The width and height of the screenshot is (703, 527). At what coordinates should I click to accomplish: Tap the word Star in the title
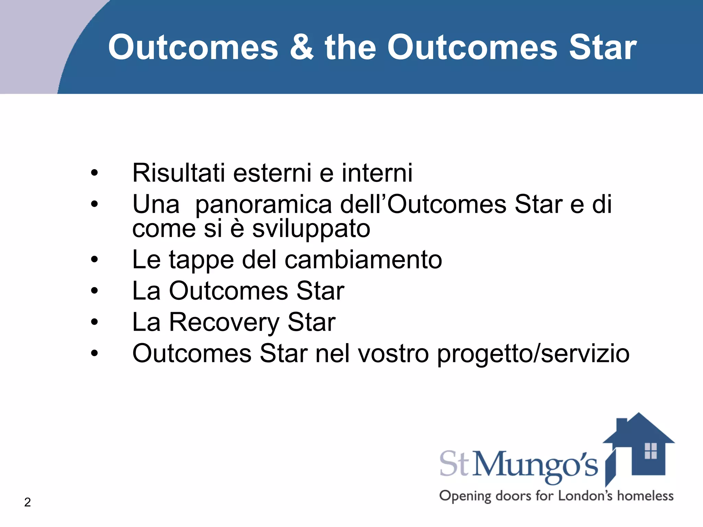[602, 47]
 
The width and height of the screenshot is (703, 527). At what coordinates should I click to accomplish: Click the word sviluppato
[311, 229]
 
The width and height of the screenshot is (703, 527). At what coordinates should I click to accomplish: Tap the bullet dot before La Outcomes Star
[94, 291]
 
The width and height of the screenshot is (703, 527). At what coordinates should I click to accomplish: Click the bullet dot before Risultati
[94, 173]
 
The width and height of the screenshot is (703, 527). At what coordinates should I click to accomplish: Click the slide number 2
[27, 502]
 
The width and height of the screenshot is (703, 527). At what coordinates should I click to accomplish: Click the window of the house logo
[650, 451]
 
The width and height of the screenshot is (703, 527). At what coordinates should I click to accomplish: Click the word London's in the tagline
[588, 496]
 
